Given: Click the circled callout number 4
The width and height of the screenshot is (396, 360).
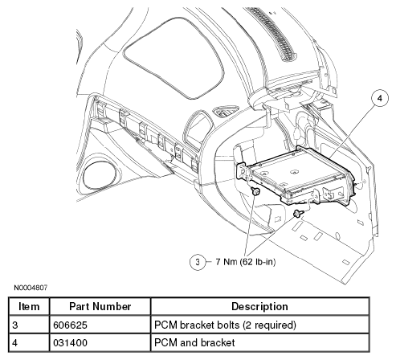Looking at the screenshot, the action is (380, 99).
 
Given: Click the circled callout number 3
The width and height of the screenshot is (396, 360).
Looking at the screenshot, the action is (198, 262).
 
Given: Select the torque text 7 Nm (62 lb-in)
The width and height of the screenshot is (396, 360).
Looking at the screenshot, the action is (246, 261).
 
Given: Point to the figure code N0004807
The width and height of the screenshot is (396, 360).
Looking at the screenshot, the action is (31, 288).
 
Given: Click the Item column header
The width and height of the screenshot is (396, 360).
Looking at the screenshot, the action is (29, 306).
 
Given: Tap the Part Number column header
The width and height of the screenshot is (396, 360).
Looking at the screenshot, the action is (100, 306).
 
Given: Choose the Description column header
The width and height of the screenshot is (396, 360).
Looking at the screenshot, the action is (259, 306).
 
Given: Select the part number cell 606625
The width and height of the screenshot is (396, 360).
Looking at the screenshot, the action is (71, 325).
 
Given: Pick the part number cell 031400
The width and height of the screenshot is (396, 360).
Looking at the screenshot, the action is (71, 342).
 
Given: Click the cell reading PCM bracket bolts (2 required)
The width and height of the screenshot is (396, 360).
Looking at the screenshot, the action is (225, 325).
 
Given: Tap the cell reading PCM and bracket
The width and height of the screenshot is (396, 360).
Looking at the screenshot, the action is (194, 342).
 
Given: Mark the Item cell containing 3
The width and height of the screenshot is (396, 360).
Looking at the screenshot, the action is (15, 325).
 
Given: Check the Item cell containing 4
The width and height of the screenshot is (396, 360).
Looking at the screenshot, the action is (15, 342).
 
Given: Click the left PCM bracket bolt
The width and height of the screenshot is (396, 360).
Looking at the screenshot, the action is (256, 191).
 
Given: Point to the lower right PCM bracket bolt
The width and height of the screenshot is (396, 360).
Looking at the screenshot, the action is (298, 213).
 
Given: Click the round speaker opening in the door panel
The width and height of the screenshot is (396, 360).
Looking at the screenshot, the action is (99, 175).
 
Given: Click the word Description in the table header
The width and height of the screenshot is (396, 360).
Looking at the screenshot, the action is (259, 306).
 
